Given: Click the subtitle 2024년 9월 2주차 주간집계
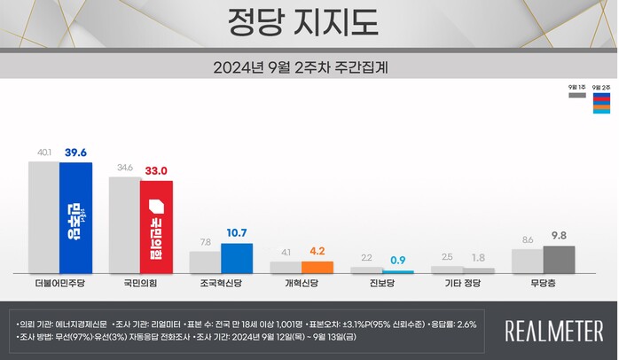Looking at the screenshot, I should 309,67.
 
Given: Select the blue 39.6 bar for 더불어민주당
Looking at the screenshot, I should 75,217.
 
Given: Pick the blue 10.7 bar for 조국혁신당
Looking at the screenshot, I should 237,258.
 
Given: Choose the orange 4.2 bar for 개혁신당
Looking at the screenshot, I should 317,267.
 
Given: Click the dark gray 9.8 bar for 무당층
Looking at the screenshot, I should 559,259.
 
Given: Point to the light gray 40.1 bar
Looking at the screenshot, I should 43,216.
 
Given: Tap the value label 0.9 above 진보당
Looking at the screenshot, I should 398,260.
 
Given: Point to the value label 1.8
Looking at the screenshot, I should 478,257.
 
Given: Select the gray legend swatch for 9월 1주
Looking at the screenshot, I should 576,96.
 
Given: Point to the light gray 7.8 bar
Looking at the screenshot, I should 205,262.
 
